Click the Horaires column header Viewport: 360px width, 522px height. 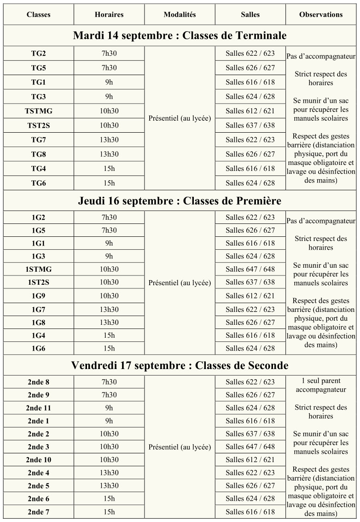pos(109,15)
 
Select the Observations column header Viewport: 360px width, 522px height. pos(321,15)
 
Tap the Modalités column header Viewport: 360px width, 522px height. pos(180,15)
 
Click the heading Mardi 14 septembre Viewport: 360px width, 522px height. pos(180,36)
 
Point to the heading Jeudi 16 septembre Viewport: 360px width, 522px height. pos(180,201)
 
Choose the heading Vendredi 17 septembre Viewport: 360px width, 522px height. pos(180,365)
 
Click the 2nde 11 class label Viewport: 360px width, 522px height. pos(39,408)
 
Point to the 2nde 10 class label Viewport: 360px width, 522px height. pos(39,460)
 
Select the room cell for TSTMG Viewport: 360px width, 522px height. pos(250,111)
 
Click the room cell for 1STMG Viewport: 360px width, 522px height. pos(250,269)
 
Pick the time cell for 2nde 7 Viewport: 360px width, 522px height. pos(109,512)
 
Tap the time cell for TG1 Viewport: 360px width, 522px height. pos(109,82)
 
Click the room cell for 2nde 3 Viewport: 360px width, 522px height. pos(250,447)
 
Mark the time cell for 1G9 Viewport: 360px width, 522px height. pos(109,296)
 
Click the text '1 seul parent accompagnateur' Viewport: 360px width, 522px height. pos(321,386)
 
